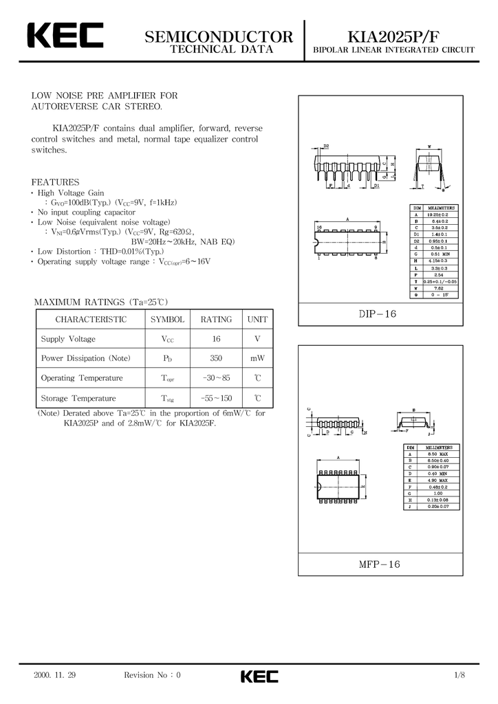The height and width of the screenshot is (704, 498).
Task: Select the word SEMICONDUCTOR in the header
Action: pyautogui.click(x=219, y=36)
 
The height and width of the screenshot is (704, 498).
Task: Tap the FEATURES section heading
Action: pyautogui.click(x=56, y=182)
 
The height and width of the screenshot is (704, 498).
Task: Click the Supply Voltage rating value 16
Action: pyautogui.click(x=216, y=339)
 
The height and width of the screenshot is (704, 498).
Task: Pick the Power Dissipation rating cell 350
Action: pyautogui.click(x=216, y=358)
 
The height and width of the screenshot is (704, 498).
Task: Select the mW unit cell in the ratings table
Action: pyautogui.click(x=257, y=358)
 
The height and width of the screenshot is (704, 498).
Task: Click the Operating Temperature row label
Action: pyautogui.click(x=82, y=378)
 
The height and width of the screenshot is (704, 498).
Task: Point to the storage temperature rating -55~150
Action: pyautogui.click(x=216, y=398)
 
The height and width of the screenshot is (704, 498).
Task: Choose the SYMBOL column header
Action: pyautogui.click(x=167, y=320)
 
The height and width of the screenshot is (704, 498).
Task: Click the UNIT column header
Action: pyautogui.click(x=257, y=320)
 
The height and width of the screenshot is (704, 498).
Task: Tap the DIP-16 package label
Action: pyautogui.click(x=378, y=314)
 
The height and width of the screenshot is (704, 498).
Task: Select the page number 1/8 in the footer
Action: pyautogui.click(x=459, y=675)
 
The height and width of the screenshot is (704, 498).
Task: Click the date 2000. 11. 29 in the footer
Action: pyautogui.click(x=54, y=675)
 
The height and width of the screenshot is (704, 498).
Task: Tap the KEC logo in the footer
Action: pyautogui.click(x=259, y=676)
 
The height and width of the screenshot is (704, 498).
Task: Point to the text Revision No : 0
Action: pyautogui.click(x=152, y=675)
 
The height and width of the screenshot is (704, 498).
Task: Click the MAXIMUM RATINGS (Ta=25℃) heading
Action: pyautogui.click(x=101, y=302)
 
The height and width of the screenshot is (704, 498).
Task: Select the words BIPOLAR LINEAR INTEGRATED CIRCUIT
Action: pyautogui.click(x=394, y=51)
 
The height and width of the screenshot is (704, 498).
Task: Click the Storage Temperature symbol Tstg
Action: pyautogui.click(x=168, y=399)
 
